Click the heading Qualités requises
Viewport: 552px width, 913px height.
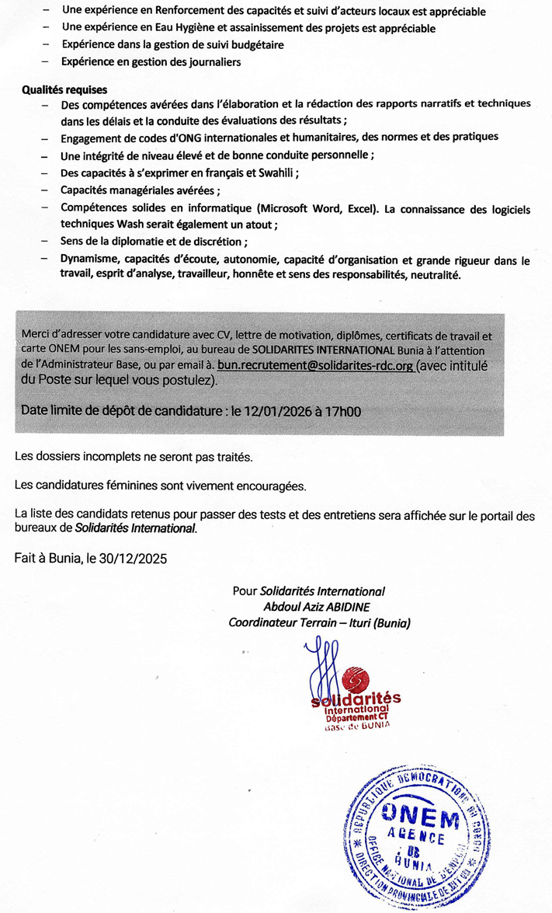[64, 90]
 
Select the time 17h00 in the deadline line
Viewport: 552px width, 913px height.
[342, 409]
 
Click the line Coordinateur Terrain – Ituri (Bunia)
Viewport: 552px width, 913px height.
[319, 622]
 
